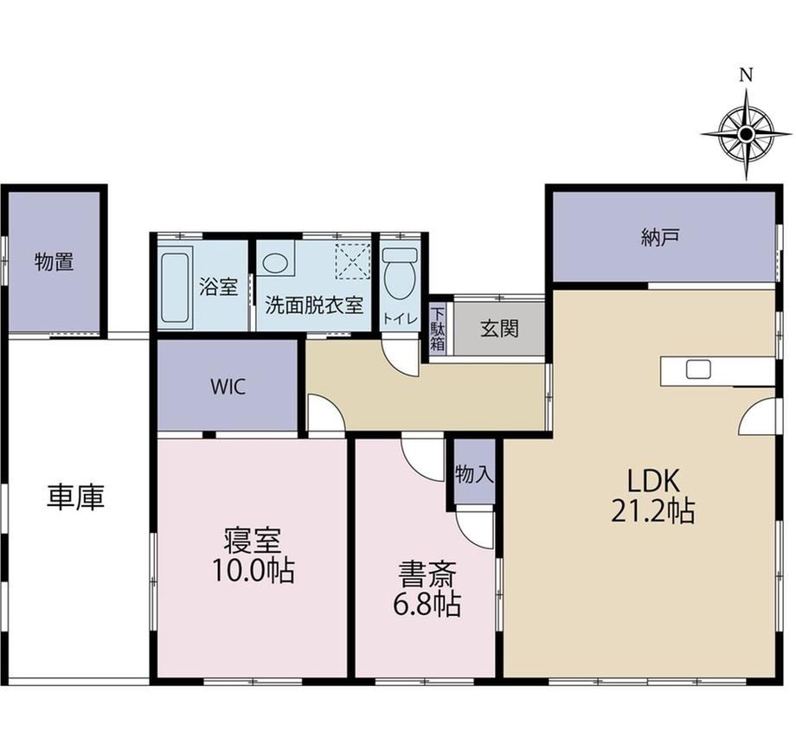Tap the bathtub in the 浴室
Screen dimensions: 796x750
click(x=176, y=287)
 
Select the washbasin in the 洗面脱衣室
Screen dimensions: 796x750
click(x=274, y=263)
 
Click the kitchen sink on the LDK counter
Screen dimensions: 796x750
click(x=698, y=369)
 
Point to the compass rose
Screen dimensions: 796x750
click(x=746, y=134)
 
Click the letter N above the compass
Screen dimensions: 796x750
click(x=746, y=75)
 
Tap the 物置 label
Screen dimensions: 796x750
click(x=55, y=262)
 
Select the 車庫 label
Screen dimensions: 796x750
click(x=75, y=497)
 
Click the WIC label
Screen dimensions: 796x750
click(x=228, y=388)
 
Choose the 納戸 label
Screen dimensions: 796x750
click(x=660, y=238)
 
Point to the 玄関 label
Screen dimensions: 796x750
click(x=499, y=329)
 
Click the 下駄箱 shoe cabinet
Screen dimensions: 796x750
click(x=438, y=329)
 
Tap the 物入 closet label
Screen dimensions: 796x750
click(x=474, y=474)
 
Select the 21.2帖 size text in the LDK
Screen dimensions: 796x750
click(x=653, y=511)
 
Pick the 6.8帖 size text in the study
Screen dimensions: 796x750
click(x=427, y=604)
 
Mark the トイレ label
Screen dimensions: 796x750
click(x=400, y=318)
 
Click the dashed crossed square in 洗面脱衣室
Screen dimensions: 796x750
click(x=354, y=261)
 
